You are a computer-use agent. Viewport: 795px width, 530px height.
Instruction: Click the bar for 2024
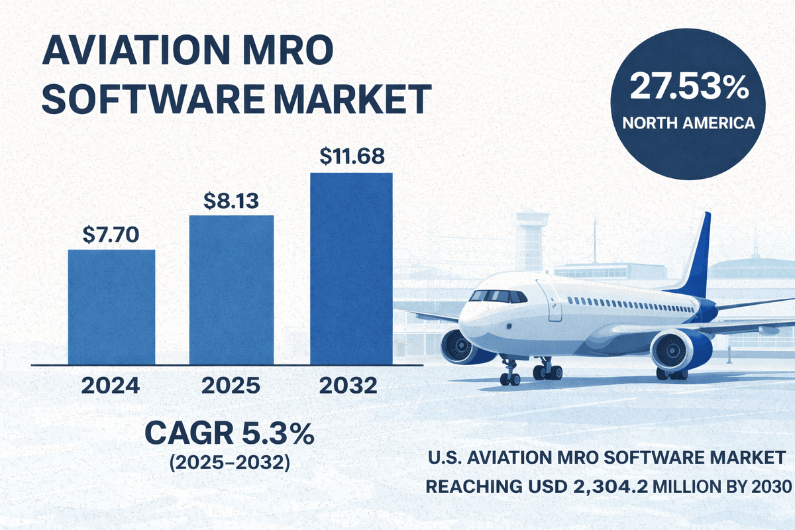[111, 307]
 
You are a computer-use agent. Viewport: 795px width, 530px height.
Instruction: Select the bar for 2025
[232, 290]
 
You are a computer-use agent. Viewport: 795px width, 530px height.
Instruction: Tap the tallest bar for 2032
[351, 268]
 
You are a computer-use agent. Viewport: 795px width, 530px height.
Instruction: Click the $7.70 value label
[111, 234]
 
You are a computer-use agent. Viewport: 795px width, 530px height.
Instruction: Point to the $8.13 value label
[232, 199]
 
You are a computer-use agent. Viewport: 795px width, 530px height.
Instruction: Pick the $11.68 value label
[351, 157]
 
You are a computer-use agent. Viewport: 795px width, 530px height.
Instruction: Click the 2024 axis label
[111, 386]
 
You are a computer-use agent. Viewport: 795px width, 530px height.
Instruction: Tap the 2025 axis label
[232, 386]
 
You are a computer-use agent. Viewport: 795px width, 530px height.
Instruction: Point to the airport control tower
[531, 238]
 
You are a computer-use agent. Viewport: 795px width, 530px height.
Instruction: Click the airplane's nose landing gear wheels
[509, 378]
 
